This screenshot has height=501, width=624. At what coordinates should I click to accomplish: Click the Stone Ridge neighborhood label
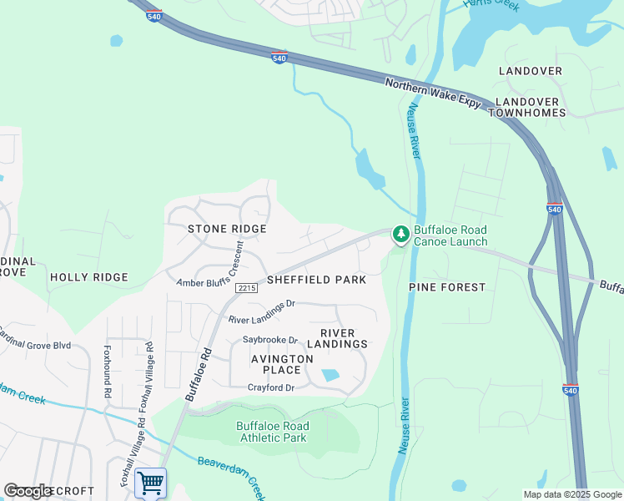click(227, 229)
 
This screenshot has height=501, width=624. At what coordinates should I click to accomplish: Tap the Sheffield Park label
click(316, 280)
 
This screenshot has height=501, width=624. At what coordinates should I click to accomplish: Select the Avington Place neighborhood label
click(282, 364)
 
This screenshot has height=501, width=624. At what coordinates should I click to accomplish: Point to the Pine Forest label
click(447, 287)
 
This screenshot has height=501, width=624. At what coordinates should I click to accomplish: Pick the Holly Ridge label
click(89, 277)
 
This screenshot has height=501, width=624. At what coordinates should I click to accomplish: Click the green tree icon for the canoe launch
click(401, 235)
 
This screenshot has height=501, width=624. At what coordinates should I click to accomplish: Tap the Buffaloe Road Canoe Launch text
click(450, 235)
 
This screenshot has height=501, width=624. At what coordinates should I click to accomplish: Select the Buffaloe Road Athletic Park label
click(273, 432)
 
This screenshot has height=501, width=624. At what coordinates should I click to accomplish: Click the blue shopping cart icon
click(150, 483)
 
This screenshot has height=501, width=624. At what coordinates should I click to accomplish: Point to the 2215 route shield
click(245, 288)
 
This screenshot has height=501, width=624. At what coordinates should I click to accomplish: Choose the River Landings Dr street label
click(262, 311)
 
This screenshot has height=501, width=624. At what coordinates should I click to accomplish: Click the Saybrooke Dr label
click(270, 340)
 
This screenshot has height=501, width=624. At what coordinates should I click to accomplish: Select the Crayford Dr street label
click(271, 387)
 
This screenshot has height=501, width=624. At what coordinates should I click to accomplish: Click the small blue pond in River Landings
click(330, 376)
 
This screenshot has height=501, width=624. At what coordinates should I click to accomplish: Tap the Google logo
click(28, 491)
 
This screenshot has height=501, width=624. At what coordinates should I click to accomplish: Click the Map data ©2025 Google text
click(571, 494)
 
